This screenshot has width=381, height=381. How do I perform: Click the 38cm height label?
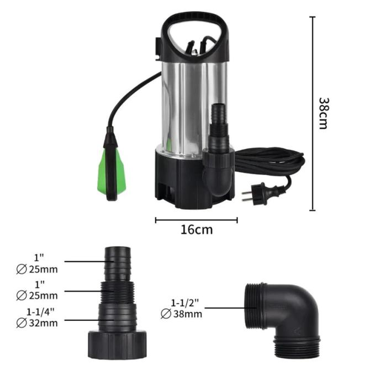point(324,113)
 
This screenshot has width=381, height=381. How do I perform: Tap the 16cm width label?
point(197,230)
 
